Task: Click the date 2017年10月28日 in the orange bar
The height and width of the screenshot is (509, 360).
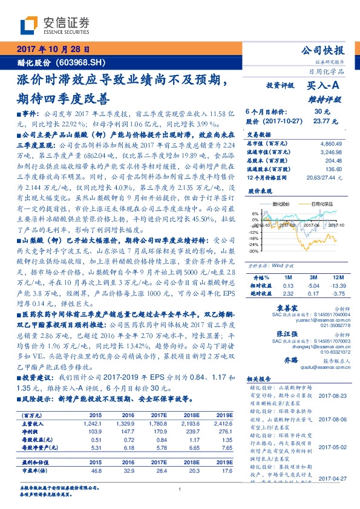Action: (x=54, y=50)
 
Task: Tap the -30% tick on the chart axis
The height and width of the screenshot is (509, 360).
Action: (x=252, y=250)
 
